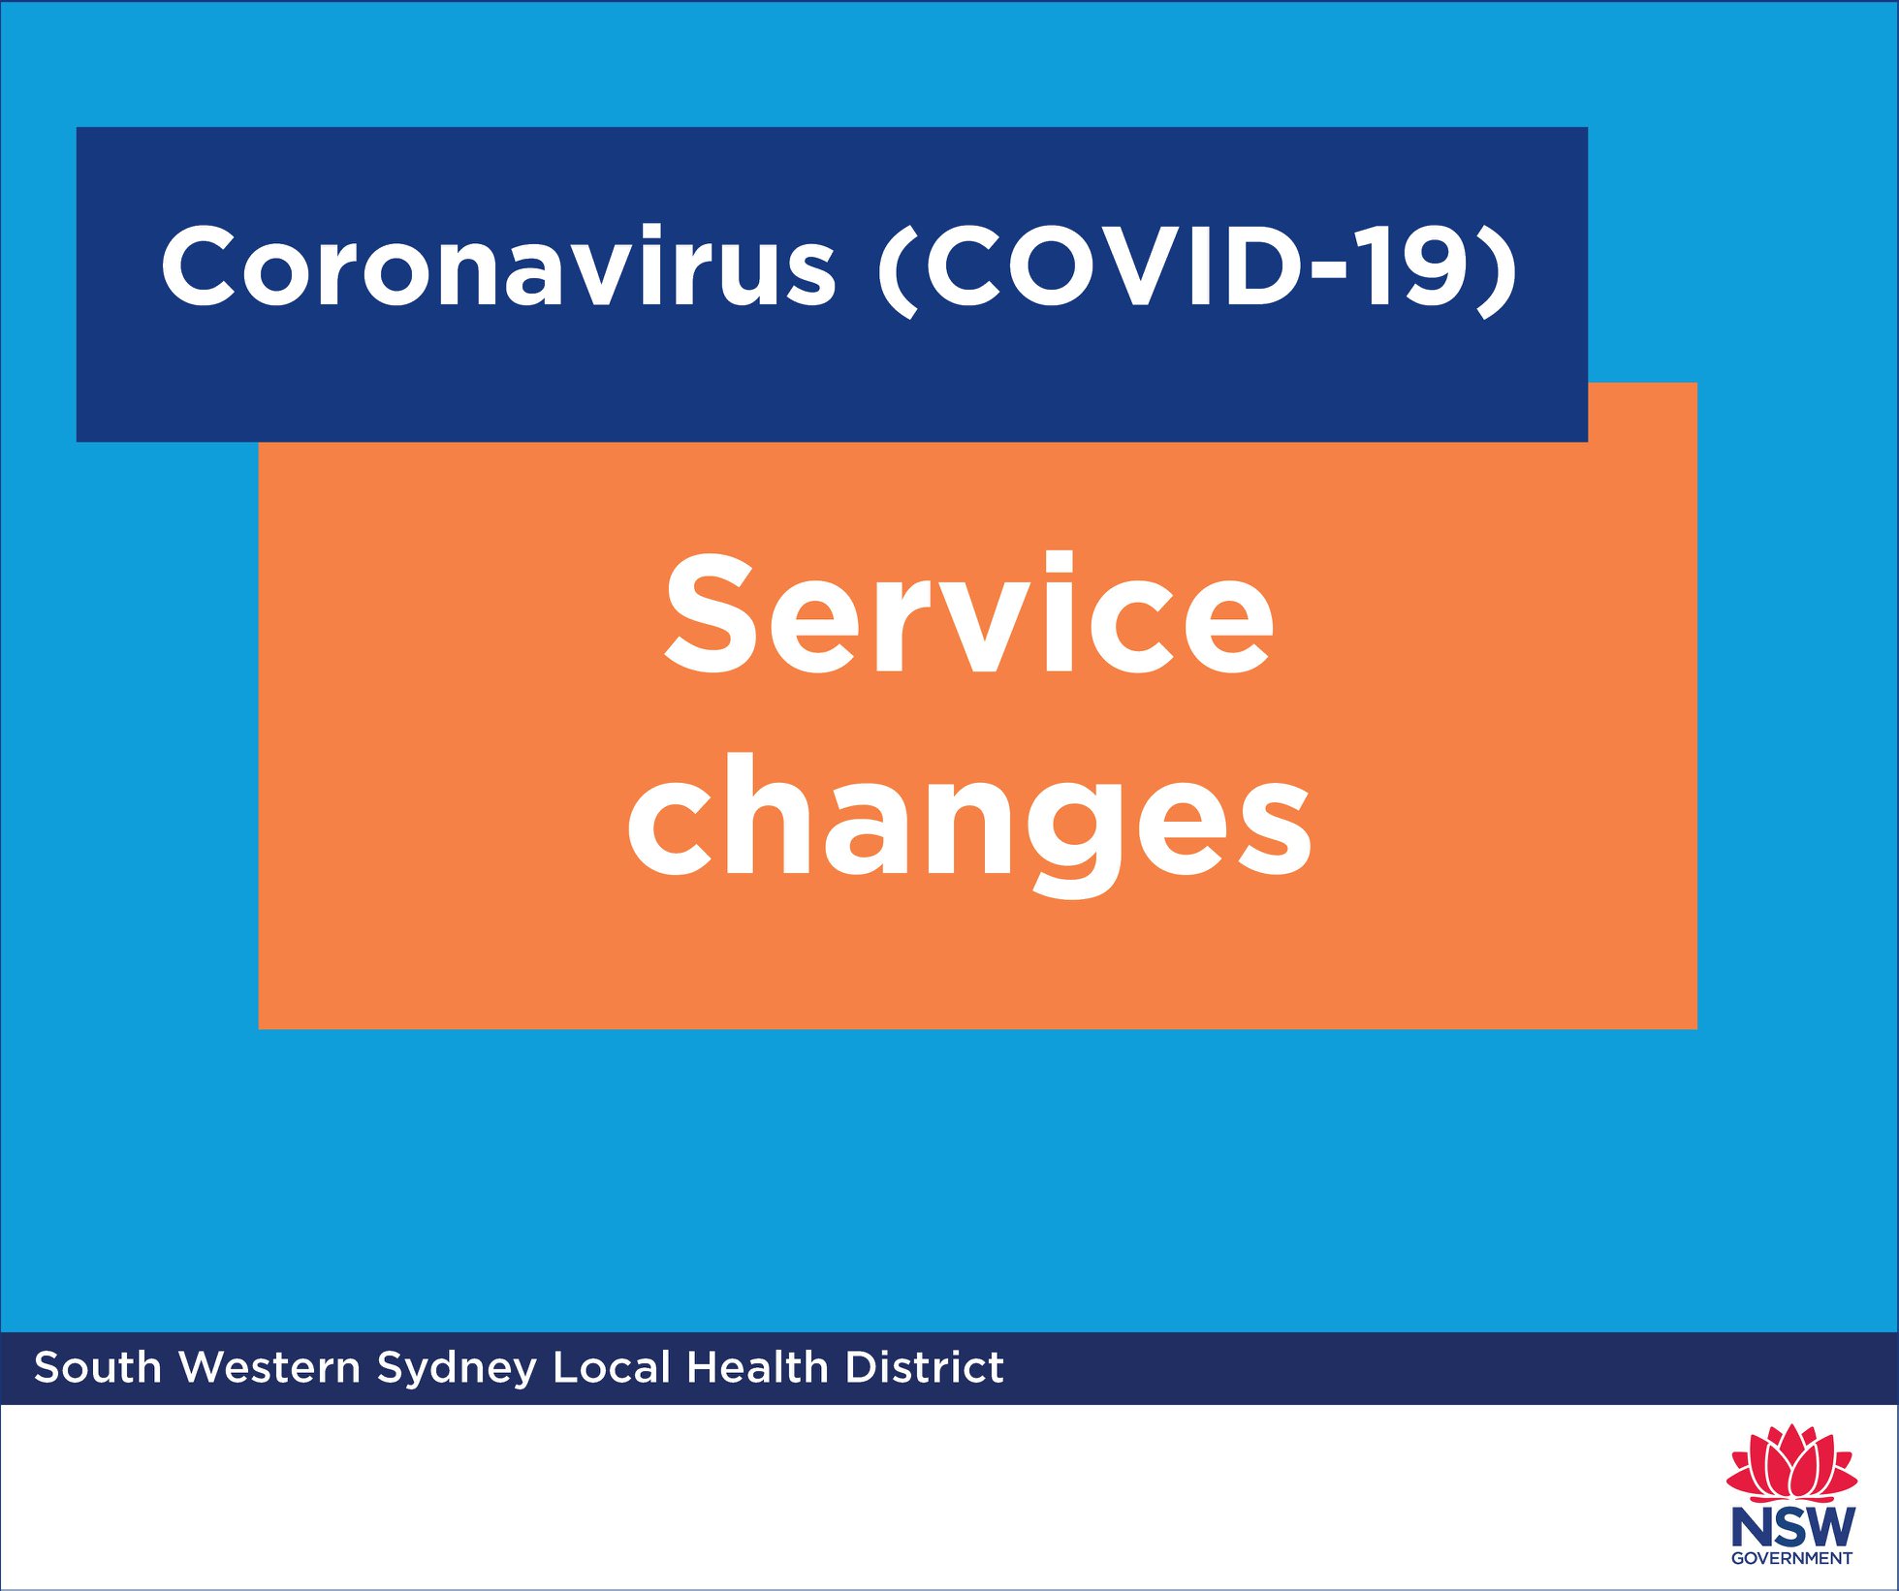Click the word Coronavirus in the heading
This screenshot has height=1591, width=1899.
pos(498,265)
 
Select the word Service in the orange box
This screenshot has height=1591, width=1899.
pos(968,612)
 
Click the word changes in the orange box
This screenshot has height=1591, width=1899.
pos(969,824)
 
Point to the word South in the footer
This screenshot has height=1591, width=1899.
pos(98,1368)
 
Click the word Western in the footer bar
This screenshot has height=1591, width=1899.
pos(269,1368)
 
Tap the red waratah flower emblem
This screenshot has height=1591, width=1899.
pos(1791,1462)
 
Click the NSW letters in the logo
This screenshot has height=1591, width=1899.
pos(1792,1527)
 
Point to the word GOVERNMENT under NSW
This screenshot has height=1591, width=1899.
pos(1791,1559)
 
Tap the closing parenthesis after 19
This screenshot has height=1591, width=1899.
pos(1497,270)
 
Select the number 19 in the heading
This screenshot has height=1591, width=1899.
pos(1416,265)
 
